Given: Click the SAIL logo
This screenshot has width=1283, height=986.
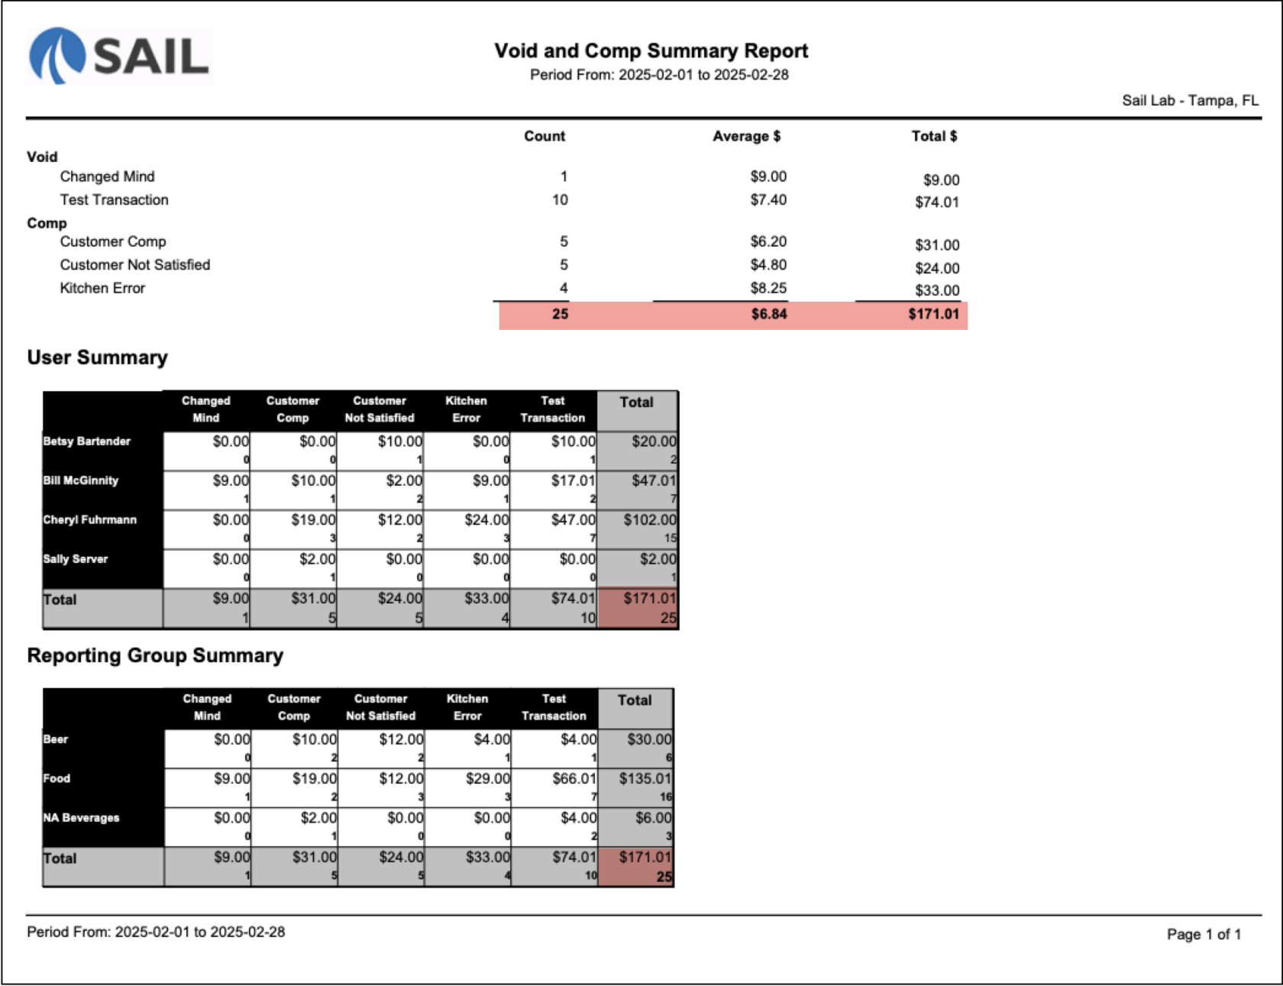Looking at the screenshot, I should coord(120,56).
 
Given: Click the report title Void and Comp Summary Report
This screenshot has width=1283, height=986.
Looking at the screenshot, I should coord(651,51).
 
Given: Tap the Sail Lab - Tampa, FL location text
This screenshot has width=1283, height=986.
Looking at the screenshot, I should coord(1190,101).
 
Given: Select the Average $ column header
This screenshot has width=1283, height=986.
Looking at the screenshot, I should coord(746,137).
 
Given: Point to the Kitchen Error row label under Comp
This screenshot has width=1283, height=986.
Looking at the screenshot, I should coord(102,289).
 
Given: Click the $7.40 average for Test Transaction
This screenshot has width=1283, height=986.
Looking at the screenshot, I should coord(768,200).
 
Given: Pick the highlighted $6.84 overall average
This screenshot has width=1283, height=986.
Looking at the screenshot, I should coord(768,315).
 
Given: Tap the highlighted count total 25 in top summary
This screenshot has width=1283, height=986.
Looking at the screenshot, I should coord(560,315).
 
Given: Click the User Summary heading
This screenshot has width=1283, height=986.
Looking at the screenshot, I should coord(97,358).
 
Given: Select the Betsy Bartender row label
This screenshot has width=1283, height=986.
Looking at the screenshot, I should coord(87,441).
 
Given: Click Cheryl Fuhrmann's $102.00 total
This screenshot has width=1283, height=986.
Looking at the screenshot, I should coord(649,520).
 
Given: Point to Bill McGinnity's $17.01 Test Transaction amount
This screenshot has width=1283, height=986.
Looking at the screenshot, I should coord(573,481).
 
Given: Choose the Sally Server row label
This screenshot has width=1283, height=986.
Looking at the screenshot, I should coord(76,559).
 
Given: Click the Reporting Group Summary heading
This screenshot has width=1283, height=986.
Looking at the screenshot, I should coord(155,656).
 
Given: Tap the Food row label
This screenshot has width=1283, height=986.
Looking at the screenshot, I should coord(57,779).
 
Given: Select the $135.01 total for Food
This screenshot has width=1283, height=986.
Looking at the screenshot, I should coord(645,779).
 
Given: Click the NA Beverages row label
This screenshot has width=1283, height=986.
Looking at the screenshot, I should coord(81,818).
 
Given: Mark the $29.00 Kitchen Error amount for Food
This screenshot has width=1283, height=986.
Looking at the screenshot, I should coord(488,779).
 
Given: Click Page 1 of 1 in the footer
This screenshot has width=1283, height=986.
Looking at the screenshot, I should coord(1204,934).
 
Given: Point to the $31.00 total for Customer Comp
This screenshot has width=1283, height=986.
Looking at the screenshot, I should coord(937,245).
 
